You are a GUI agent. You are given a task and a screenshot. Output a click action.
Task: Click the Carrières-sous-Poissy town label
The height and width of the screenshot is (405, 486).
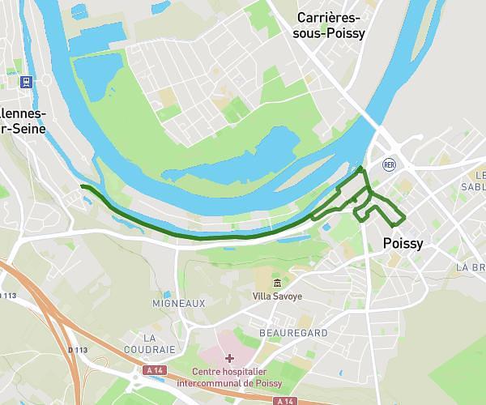click(x=330, y=25)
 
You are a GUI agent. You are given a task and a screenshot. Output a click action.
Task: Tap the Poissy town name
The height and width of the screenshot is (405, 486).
click(x=403, y=243)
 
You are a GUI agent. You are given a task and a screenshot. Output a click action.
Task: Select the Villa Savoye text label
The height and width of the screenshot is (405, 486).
click(x=277, y=296)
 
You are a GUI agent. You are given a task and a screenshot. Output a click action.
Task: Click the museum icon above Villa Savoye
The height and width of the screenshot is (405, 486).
click(x=277, y=283)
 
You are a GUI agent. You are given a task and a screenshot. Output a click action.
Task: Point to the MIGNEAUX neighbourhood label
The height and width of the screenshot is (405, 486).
click(x=179, y=303)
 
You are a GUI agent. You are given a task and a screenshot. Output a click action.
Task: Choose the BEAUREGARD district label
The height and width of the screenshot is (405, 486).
click(x=292, y=333)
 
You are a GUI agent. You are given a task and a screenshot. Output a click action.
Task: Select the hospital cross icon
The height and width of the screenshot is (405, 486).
click(x=229, y=358)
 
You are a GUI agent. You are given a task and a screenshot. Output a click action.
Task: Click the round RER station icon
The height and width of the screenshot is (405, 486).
click(x=389, y=164)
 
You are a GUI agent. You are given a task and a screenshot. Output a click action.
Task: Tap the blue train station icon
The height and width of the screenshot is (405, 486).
click(x=27, y=82)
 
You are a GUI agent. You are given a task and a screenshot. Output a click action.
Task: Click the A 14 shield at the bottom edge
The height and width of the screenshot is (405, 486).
click(x=284, y=401)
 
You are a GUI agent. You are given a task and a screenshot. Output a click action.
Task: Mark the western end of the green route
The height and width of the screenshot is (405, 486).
click(x=82, y=186)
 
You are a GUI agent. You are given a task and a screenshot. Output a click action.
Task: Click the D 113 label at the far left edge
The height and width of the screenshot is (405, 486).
click(x=6, y=296)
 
